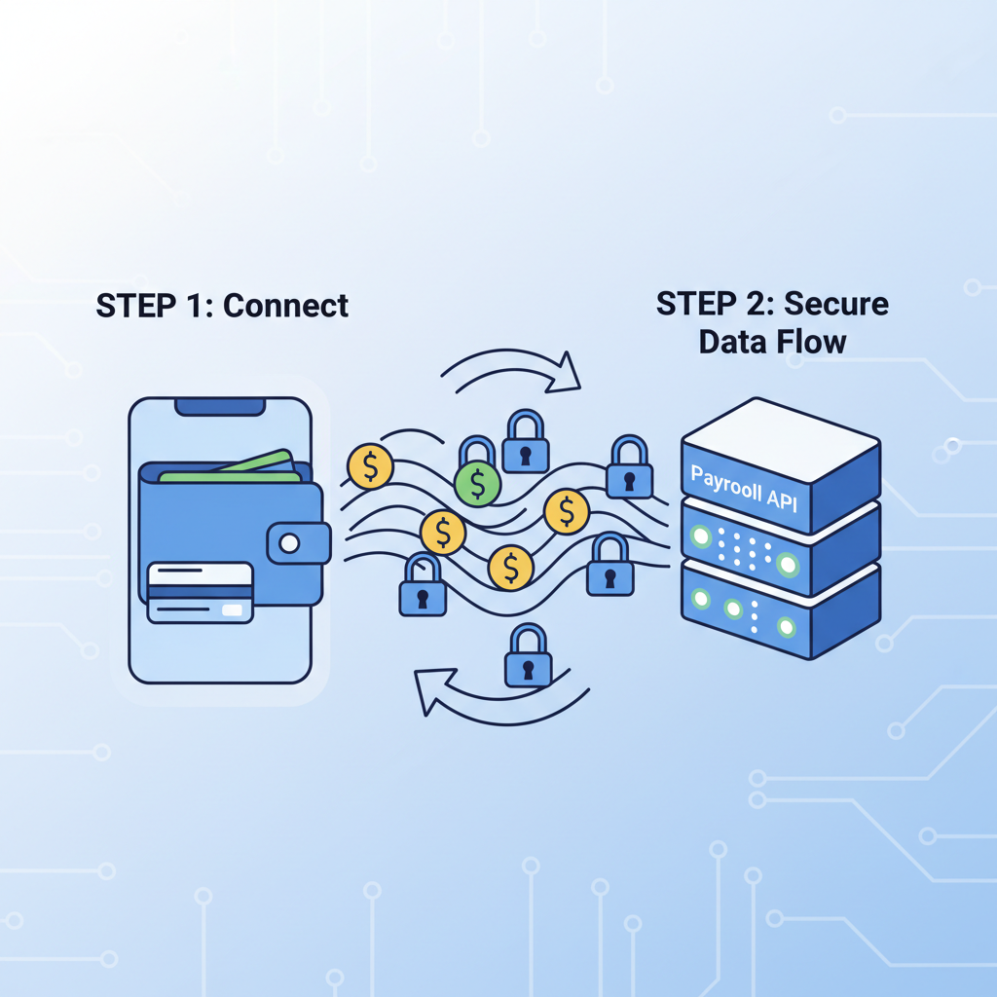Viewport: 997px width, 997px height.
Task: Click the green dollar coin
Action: (477, 484)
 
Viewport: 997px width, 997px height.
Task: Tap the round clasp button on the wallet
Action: (289, 542)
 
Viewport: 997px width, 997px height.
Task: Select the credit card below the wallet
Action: (200, 592)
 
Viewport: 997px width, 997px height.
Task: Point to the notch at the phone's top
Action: (219, 406)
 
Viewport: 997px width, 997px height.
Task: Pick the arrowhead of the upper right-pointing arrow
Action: (563, 373)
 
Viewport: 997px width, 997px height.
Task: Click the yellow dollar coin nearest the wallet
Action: (369, 467)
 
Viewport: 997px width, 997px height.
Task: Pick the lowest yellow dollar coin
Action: (510, 568)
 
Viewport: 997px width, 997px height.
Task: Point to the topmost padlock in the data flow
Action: (524, 441)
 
